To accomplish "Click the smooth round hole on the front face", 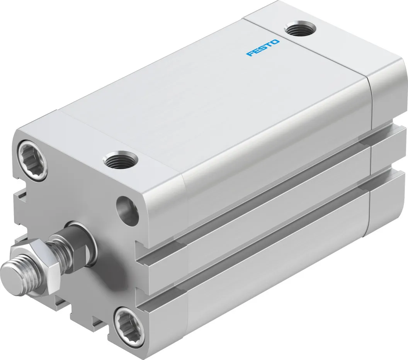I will click(x=128, y=211).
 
